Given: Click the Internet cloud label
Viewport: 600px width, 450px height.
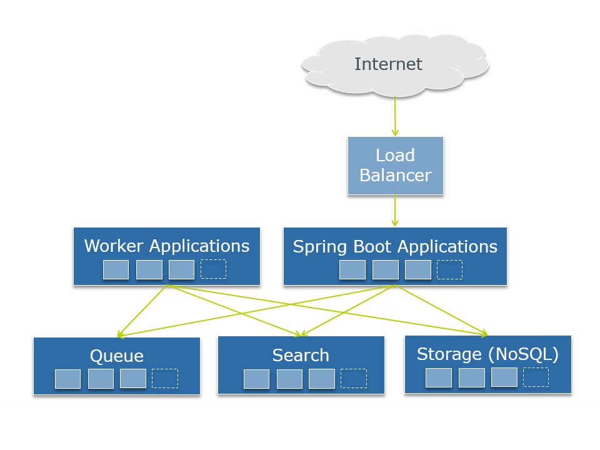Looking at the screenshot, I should [388, 64].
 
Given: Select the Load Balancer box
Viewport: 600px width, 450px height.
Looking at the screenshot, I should [395, 166].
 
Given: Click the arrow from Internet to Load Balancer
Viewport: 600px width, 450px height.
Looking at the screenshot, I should [395, 116].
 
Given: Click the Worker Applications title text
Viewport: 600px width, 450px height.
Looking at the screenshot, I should [167, 246].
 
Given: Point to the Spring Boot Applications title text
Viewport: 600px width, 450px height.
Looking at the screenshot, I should [395, 246].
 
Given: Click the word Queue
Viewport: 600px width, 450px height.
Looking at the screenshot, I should [117, 356].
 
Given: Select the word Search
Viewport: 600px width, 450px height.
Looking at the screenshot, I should [301, 355].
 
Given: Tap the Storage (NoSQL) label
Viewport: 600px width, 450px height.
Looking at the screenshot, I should [487, 354].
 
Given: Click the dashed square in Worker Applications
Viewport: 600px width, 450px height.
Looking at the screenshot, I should [213, 269].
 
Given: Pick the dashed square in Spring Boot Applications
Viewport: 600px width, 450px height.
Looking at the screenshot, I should [449, 269].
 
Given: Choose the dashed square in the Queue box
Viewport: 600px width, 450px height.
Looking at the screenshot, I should [165, 378].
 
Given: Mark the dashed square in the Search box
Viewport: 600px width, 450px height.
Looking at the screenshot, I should [354, 378].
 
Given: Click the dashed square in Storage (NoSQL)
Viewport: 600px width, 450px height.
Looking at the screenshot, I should [536, 377].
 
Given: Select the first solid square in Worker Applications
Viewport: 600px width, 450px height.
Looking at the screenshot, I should [116, 269].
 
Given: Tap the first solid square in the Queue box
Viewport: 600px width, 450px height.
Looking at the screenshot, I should [67, 379].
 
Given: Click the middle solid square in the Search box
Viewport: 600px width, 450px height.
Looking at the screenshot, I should [289, 379].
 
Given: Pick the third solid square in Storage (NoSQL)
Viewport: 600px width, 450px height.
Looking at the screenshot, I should [504, 377].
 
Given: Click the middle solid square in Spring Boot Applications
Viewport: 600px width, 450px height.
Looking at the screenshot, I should [385, 269].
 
